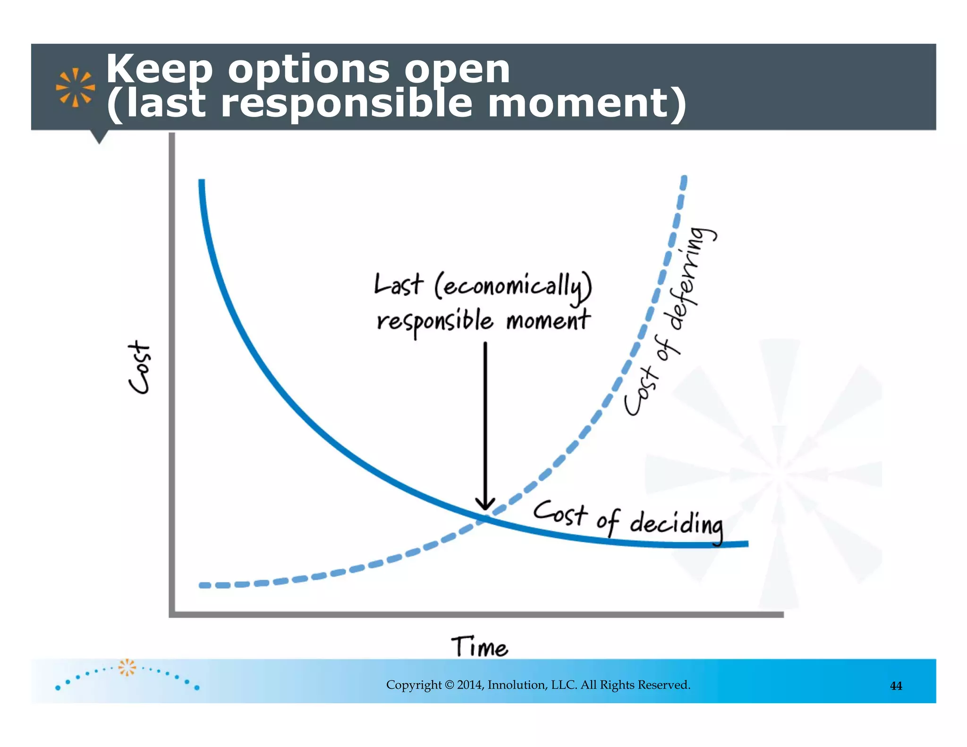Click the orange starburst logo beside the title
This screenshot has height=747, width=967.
click(x=75, y=87)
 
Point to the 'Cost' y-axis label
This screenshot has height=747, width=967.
click(x=140, y=367)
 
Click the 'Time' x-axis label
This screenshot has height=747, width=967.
click(x=479, y=646)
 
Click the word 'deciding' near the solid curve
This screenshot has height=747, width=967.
click(x=676, y=524)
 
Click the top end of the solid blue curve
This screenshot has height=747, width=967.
click(x=202, y=182)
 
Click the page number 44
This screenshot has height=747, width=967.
click(x=896, y=686)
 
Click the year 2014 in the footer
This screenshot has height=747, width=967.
click(x=470, y=685)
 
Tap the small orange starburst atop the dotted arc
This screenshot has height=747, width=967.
click(x=127, y=667)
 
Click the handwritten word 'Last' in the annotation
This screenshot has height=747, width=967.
click(x=398, y=285)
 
